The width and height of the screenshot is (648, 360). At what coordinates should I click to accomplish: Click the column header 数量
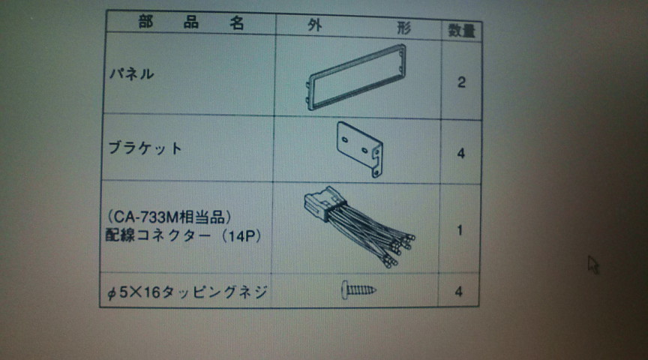pyautogui.click(x=461, y=31)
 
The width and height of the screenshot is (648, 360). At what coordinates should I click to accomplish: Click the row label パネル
pyautogui.click(x=131, y=74)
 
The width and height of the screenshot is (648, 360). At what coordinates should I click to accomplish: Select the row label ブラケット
pyautogui.click(x=145, y=148)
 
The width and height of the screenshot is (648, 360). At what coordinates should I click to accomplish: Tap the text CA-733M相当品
pyautogui.click(x=169, y=217)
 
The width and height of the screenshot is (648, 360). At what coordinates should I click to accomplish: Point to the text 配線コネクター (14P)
pyautogui.click(x=184, y=235)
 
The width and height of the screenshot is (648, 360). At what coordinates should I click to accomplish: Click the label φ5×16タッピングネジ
pyautogui.click(x=187, y=292)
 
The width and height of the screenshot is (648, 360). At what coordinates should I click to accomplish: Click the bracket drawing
pyautogui.click(x=360, y=149)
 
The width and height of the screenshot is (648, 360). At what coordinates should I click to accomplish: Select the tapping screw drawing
pyautogui.click(x=358, y=289)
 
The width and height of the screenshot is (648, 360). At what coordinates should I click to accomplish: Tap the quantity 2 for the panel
pyautogui.click(x=461, y=82)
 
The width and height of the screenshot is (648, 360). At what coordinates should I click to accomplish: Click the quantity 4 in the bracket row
pyautogui.click(x=460, y=154)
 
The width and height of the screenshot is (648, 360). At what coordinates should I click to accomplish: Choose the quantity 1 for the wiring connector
pyautogui.click(x=460, y=230)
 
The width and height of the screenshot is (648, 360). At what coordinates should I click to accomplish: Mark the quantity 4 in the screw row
pyautogui.click(x=458, y=292)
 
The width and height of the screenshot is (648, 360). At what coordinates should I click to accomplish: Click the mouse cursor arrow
pyautogui.click(x=593, y=265)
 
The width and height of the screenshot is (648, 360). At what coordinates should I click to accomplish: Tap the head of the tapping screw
pyautogui.click(x=345, y=289)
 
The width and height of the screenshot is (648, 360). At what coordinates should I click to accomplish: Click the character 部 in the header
pyautogui.click(x=146, y=22)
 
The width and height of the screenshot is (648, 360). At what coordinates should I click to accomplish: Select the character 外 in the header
pyautogui.click(x=315, y=25)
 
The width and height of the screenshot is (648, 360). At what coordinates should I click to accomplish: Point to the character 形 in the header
pyautogui.click(x=403, y=28)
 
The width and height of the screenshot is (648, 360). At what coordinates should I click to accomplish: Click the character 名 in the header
pyautogui.click(x=237, y=23)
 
